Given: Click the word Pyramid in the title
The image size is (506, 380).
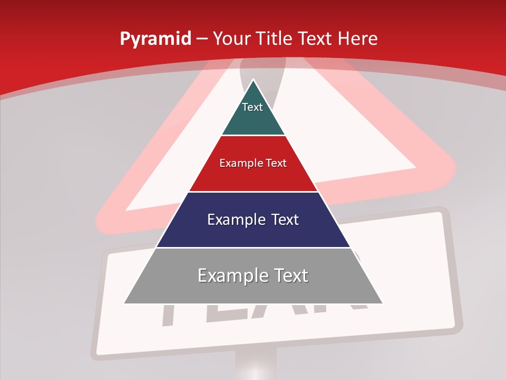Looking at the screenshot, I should coord(155,39).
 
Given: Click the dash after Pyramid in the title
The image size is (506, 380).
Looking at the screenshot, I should coord(201,39).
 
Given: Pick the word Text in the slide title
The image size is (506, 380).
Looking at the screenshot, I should coord(315,39).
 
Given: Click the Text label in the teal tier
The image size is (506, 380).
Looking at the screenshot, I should coord(252,107).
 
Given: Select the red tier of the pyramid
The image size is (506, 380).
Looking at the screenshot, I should coord(253,177).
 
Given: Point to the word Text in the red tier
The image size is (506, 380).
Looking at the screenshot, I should coord(276,163).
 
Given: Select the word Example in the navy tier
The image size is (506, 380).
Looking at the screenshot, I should coord(232,220).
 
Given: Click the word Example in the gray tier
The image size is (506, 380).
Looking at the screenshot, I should coord(227,275).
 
